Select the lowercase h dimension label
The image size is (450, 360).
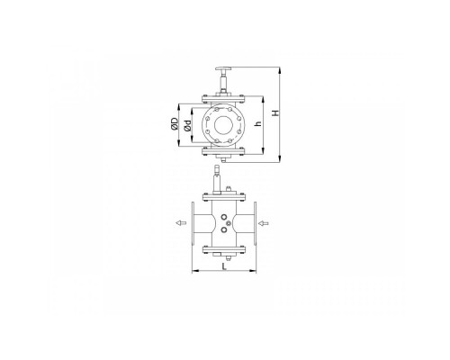click(x=258, y=122)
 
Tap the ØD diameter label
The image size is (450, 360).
click(x=175, y=124)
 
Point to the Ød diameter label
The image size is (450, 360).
click(x=188, y=126)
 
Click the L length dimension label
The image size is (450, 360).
click(x=224, y=266)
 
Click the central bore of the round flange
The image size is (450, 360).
click(x=223, y=125)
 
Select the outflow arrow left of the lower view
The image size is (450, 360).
click(x=181, y=222)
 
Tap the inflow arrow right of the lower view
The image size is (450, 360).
click(x=263, y=223)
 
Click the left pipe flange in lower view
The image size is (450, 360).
click(x=193, y=223)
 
